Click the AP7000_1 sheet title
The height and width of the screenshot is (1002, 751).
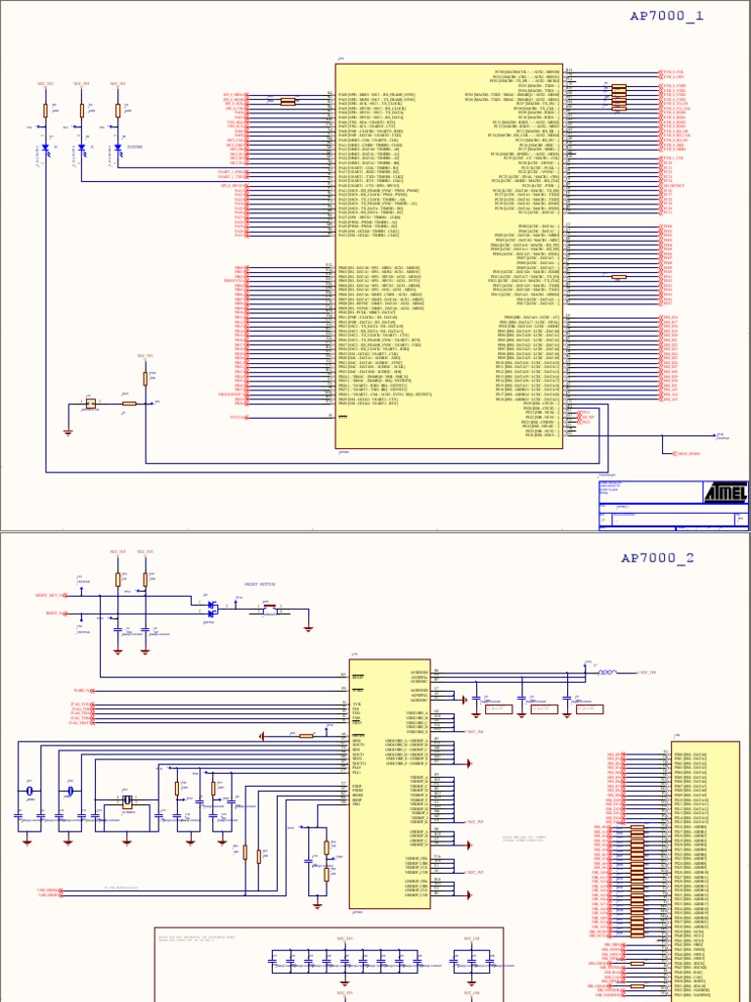click(x=668, y=16)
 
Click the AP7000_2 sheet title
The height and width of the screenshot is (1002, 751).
click(x=658, y=558)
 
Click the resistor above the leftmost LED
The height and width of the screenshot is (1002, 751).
click(x=46, y=111)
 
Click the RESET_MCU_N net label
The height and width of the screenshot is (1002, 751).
click(x=50, y=595)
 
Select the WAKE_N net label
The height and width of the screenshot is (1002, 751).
click(x=82, y=691)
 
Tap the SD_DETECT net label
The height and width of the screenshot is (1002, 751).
click(x=674, y=184)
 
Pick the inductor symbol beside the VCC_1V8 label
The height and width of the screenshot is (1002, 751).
click(x=606, y=672)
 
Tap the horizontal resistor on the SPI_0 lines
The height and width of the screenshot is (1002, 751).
click(x=287, y=101)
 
